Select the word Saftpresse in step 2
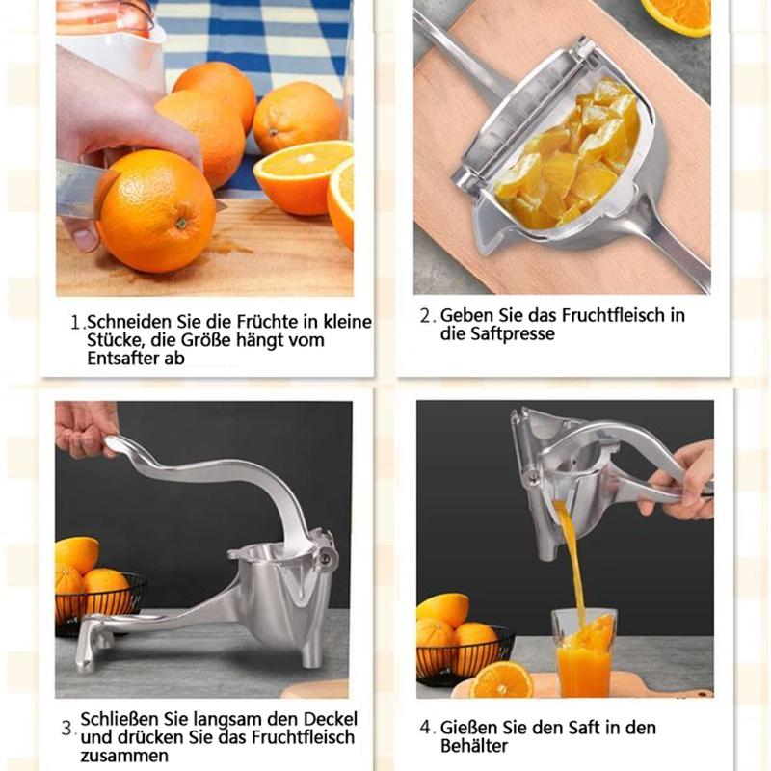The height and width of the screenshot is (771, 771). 512,333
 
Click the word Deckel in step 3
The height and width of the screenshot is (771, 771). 330,719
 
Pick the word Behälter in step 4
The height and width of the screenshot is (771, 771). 473,746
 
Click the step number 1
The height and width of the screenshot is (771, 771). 76,323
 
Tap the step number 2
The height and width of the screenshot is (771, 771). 427,316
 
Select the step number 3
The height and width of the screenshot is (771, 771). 68,729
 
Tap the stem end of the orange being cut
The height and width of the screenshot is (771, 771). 182,223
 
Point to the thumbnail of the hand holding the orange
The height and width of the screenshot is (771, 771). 86,239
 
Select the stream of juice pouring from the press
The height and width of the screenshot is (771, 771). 572,566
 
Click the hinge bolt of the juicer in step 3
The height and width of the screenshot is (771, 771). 325,558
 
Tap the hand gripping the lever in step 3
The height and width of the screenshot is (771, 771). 85,428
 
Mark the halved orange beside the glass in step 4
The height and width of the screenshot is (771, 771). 500,679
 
